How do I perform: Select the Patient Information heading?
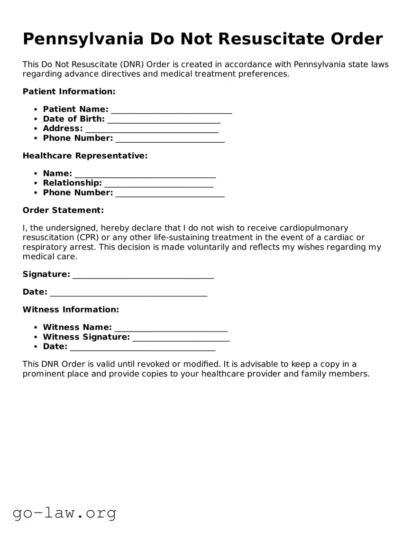69,92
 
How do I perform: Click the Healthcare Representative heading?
85,156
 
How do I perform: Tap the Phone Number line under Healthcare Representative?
170,194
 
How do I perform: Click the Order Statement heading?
63,210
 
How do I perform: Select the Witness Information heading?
71,310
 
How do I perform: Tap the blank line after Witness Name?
171,329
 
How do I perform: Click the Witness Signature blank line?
181,338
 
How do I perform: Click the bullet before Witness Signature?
36,338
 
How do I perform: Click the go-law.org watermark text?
64,513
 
